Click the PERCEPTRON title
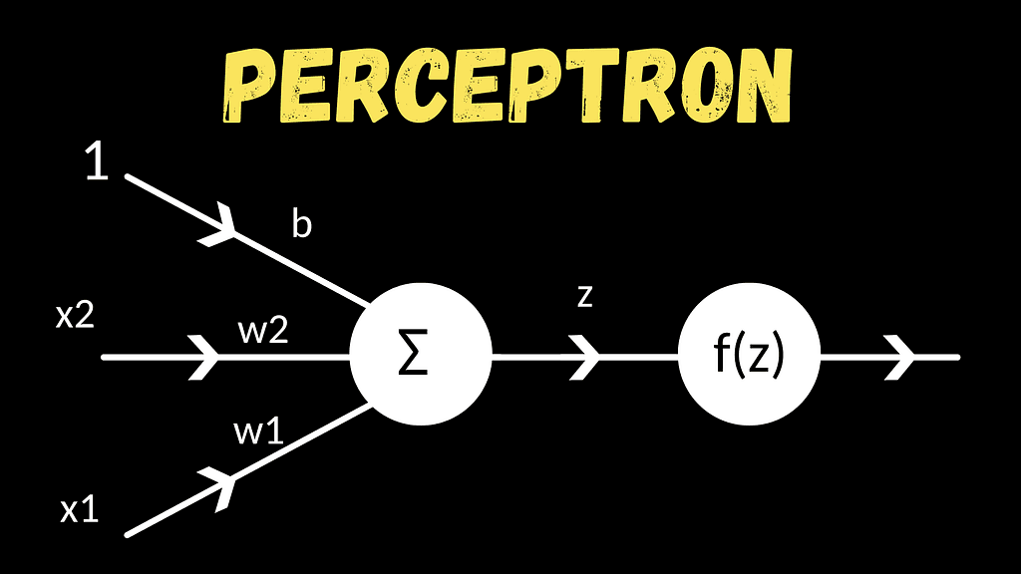tap(508, 86)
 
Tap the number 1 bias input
tap(97, 161)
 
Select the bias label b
tap(301, 224)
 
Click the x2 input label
tap(75, 316)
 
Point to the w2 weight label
tap(263, 331)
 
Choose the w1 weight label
tap(258, 431)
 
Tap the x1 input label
tap(80, 510)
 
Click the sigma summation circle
tap(421, 354)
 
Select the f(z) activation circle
tap(749, 354)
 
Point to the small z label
tap(585, 295)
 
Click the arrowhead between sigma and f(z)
tap(584, 358)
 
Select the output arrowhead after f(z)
tap(900, 358)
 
